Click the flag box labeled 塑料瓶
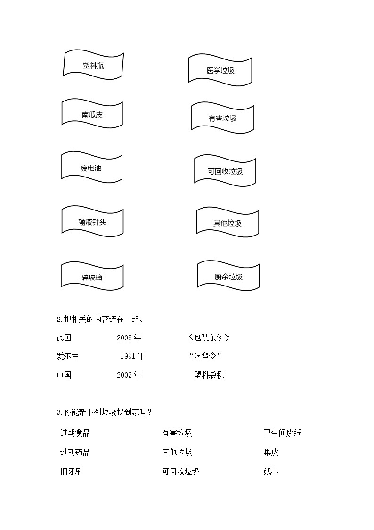point(93,65)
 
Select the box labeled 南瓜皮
point(92,114)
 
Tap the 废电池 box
point(91,168)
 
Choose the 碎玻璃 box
point(92,277)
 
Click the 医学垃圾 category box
point(220,71)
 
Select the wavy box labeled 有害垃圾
point(222,118)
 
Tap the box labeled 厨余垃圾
point(228,277)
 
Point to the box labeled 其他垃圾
point(228,223)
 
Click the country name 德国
point(64,337)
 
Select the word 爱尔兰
point(67,356)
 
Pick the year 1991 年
point(132,356)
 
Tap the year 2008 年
point(129,337)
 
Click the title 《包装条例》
point(209,337)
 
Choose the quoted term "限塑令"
point(205,356)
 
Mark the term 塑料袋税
point(209,375)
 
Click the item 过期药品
point(75,452)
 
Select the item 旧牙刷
point(72,471)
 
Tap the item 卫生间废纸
point(282,433)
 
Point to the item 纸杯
point(271,471)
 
